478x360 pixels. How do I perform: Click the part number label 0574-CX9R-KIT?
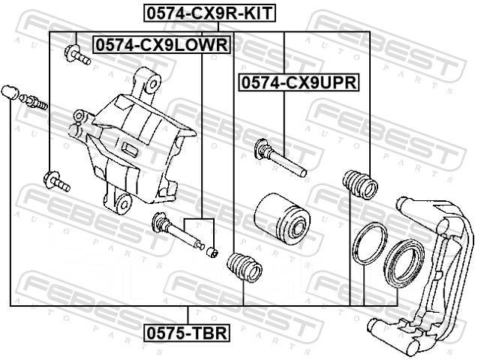coord(210,13)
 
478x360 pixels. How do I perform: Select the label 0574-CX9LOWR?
coord(162,45)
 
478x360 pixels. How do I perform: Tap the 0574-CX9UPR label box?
coord(299,82)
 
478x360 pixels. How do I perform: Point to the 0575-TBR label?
coord(188,333)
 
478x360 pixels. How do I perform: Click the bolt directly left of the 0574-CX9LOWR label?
coord(77,55)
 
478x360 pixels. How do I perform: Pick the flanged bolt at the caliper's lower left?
coord(57,181)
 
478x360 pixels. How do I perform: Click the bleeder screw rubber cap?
coord(10,92)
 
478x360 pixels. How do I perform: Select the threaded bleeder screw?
coord(33,102)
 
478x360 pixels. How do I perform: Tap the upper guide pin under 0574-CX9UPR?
coord(280,157)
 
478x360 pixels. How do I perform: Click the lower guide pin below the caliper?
coord(178,232)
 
